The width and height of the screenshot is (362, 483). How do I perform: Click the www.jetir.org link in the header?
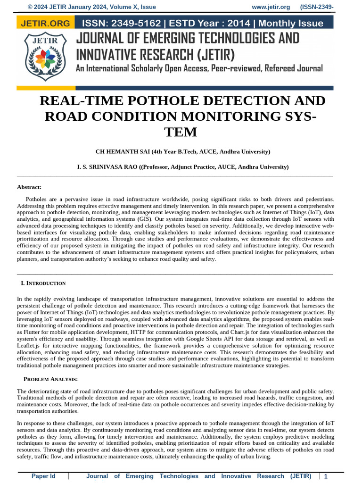pyautogui.click(x=271, y=7)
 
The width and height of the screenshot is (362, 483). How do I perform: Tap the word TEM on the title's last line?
pyautogui.click(x=181, y=132)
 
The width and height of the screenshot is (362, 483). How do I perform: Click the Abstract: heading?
pyautogui.click(x=29, y=187)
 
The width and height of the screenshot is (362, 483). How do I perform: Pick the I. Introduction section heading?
pyautogui.click(x=43, y=283)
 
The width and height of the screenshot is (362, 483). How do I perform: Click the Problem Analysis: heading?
pyautogui.click(x=51, y=379)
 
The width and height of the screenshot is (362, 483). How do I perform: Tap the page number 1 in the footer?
pyautogui.click(x=326, y=477)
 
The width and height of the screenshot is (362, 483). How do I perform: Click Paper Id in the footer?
pyautogui.click(x=43, y=476)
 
